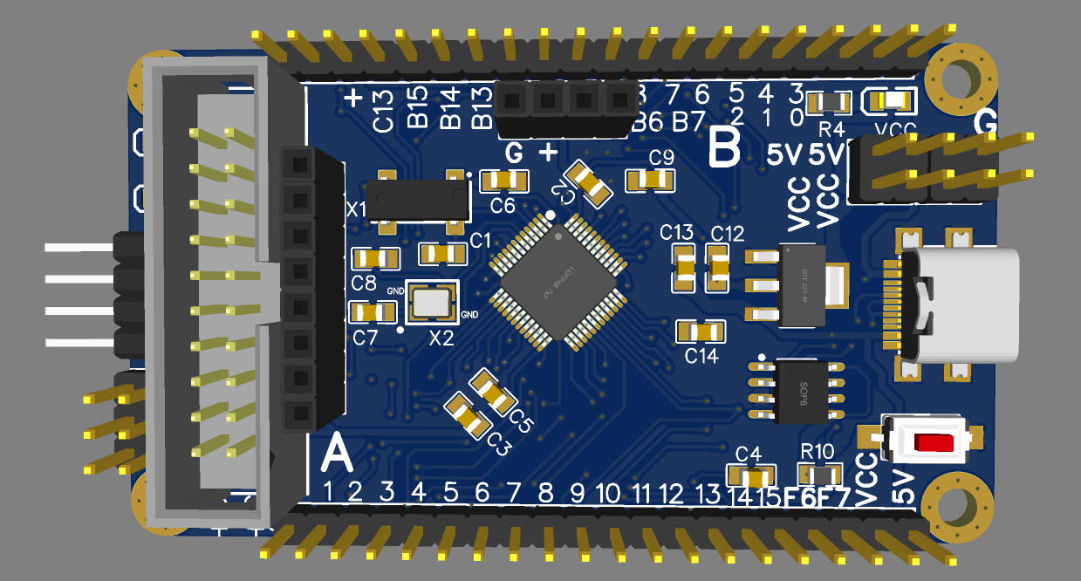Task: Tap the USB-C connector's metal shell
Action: (960, 304)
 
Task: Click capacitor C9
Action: (651, 180)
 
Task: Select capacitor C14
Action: (701, 332)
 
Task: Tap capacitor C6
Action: (504, 181)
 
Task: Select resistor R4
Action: (829, 104)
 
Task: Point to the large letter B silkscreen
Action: (725, 148)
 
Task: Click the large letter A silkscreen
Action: (337, 455)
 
